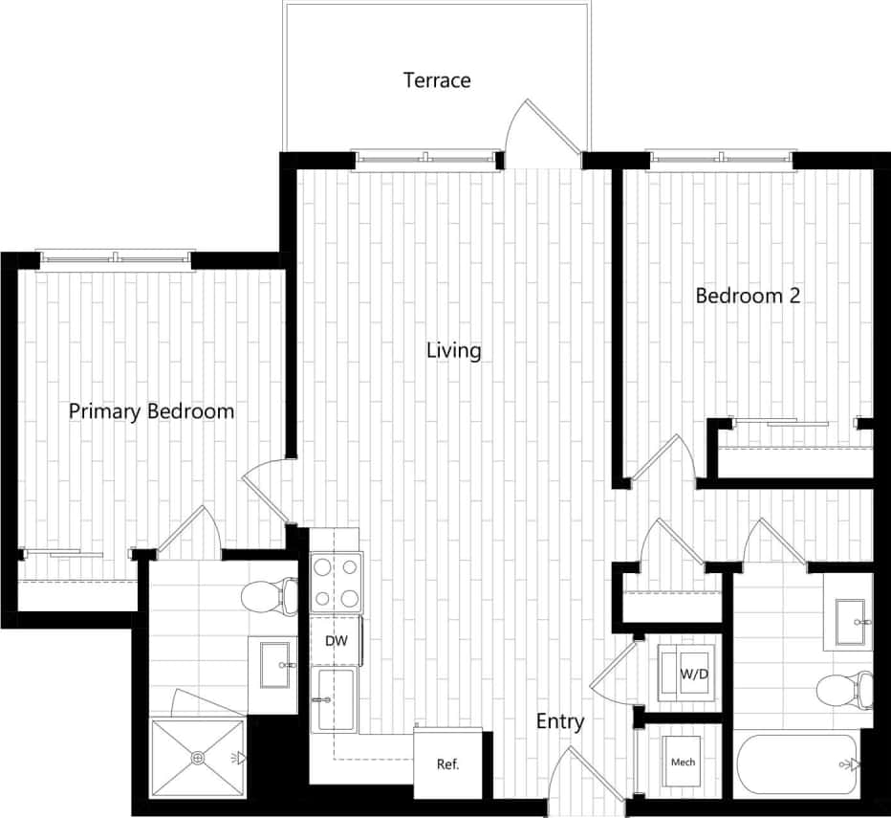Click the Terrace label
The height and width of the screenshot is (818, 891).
click(437, 79)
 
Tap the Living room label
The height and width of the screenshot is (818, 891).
click(453, 351)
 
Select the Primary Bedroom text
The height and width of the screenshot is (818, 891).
click(151, 411)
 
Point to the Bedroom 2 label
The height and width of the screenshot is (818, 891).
click(747, 296)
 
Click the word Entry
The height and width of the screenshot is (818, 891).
click(559, 721)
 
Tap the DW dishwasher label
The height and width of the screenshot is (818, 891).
click(335, 640)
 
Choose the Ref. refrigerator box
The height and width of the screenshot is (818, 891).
click(448, 763)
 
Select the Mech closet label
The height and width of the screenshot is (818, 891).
click(683, 763)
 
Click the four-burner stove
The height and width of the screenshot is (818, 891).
click(336, 583)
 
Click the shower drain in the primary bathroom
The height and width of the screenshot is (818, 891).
click(198, 759)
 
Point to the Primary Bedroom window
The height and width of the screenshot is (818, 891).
click(115, 257)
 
